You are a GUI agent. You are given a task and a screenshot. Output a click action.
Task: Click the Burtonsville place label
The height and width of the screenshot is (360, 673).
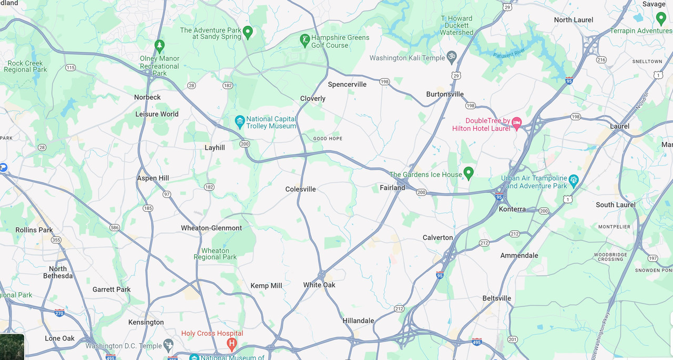pos(445,95)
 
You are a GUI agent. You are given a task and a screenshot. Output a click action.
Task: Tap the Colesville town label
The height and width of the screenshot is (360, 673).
pos(301,189)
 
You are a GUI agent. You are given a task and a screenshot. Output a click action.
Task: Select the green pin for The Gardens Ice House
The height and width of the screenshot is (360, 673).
pos(468,173)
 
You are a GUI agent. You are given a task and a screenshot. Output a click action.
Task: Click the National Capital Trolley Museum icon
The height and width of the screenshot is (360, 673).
pos(240,122)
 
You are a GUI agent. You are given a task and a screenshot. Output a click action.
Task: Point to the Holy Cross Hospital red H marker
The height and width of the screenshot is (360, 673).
pos(231,344)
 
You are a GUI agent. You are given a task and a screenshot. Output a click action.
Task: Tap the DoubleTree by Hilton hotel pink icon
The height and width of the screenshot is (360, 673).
pos(517,123)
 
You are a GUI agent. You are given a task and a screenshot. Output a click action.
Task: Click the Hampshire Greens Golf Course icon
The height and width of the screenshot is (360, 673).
pos(304,39)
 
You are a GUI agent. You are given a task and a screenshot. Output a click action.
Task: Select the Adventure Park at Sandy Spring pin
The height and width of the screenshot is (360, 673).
pos(248,32)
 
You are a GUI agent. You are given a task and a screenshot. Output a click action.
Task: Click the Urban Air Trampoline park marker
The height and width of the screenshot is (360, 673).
pos(574,180)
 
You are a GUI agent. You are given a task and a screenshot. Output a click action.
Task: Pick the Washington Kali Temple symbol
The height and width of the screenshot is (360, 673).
pos(451,57)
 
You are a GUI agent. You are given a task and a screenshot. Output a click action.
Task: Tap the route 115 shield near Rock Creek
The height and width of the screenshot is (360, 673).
pos(70,68)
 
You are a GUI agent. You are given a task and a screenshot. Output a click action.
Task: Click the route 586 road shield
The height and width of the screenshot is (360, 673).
pos(115,228)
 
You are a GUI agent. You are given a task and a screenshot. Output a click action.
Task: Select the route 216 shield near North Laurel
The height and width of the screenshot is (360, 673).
pos(601,60)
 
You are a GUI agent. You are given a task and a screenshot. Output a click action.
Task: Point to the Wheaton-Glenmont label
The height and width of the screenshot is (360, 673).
pos(211,228)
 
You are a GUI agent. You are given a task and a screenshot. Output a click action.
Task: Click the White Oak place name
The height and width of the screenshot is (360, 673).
pos(319,285)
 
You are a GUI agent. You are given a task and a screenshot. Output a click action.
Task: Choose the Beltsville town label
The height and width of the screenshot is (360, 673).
pos(497,299)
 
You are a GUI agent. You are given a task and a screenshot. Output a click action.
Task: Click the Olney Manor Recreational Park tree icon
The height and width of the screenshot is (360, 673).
pos(159,46)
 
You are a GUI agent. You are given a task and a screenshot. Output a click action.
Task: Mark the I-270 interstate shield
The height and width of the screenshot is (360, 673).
pos(59,312)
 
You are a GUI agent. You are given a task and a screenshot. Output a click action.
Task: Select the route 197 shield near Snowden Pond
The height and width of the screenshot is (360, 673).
pos(652,258)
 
